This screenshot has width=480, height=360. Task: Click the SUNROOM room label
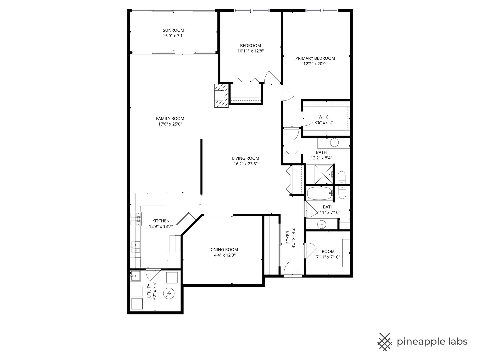tap(173, 30)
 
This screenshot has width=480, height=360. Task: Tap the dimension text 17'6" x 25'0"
tap(170, 124)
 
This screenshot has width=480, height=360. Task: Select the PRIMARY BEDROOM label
tap(315, 58)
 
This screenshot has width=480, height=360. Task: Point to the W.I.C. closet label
tap(324, 117)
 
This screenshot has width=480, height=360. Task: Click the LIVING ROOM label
tap(245, 158)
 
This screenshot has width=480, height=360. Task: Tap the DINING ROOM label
tap(223, 249)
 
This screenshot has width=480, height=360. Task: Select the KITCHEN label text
tap(161, 221)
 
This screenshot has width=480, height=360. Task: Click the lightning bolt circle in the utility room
tap(169, 293)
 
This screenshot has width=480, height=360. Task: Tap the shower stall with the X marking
tap(319, 174)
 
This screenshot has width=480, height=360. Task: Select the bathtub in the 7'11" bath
tap(320, 193)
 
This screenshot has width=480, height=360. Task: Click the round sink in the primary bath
tap(334, 143)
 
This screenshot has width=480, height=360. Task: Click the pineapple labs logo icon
tap(384, 342)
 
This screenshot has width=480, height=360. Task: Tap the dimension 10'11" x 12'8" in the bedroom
tap(250, 51)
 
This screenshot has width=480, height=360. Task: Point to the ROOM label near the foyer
tap(328, 252)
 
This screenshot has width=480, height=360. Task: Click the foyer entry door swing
tap(293, 269)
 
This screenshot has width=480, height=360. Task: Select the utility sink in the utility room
tap(135, 275)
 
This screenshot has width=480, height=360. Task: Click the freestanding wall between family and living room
tap(201, 167)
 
